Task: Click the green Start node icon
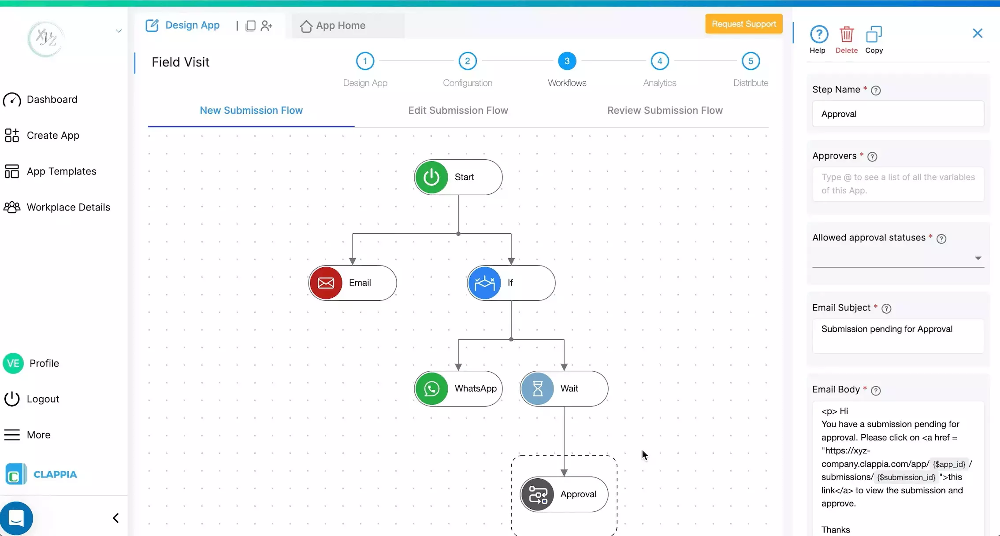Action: point(431,177)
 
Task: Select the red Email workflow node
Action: point(352,283)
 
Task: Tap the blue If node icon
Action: point(484,283)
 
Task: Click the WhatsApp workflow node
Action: point(458,388)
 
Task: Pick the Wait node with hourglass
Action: point(564,388)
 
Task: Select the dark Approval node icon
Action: point(537,494)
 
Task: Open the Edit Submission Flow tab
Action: point(458,111)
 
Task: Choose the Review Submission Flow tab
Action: point(665,111)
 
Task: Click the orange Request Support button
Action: point(743,24)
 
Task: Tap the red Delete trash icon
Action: point(846,35)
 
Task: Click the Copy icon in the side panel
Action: point(874,35)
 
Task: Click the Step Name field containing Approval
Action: point(898,114)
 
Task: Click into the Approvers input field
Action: point(898,184)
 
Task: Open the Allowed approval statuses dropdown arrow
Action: point(978,258)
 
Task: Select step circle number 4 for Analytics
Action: point(659,61)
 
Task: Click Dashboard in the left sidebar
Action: point(52,100)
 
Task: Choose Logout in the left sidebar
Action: point(43,399)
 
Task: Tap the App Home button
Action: point(340,26)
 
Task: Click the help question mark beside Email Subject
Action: point(886,308)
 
